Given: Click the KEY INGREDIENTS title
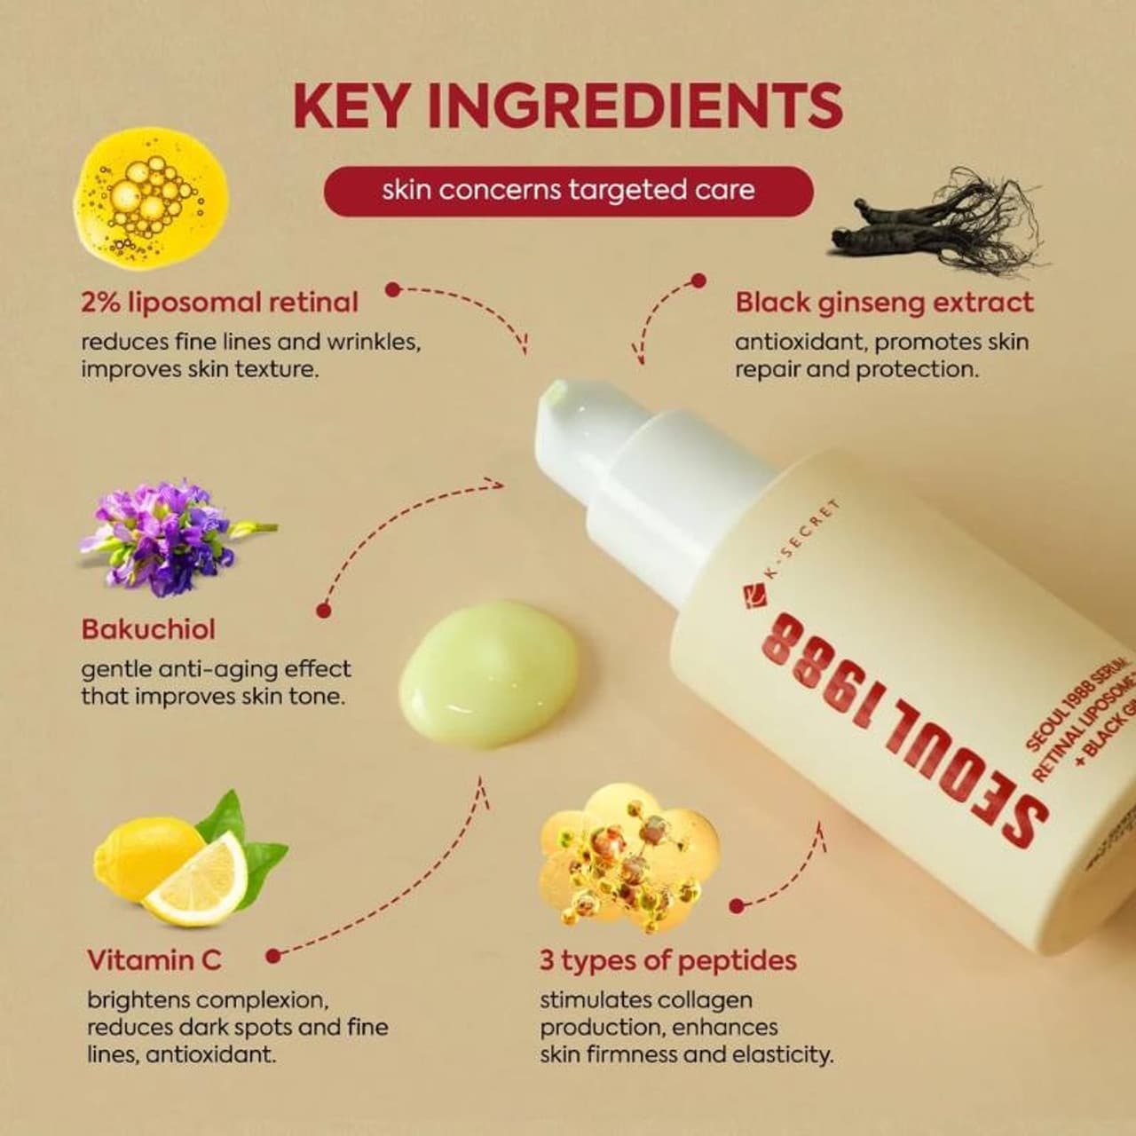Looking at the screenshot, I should [568, 105].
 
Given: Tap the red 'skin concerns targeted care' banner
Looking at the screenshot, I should [568, 191].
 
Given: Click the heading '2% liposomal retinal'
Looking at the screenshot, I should [219, 303].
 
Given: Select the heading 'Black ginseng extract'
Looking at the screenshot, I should [884, 303].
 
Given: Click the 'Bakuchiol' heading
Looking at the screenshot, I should [148, 629].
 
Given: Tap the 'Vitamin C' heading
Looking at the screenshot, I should [154, 960].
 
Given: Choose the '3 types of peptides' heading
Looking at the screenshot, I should [667, 960].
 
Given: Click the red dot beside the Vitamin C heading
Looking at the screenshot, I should [273, 956].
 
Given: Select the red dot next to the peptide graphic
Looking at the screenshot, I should [736, 906].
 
